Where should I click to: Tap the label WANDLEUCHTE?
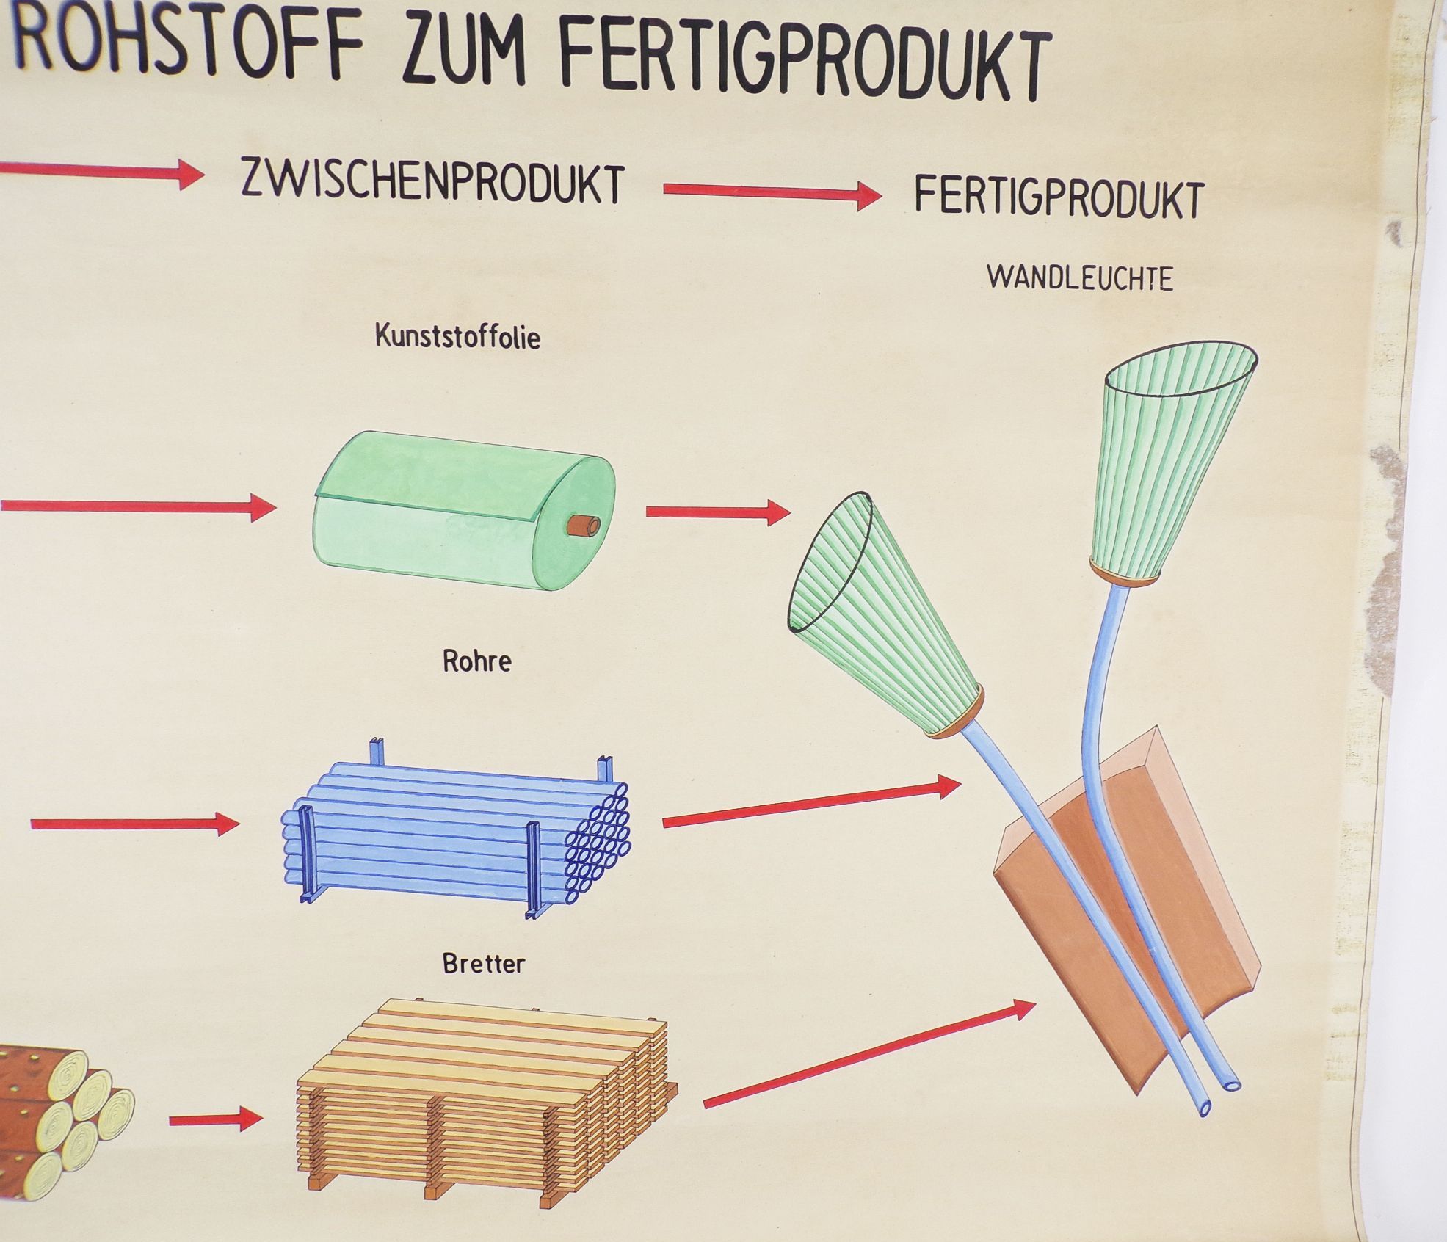1079,278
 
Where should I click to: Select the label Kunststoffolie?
457,337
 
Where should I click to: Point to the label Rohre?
476,661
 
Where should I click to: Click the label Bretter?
483,963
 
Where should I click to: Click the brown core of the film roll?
584,526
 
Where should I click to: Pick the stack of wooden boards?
485,1101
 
